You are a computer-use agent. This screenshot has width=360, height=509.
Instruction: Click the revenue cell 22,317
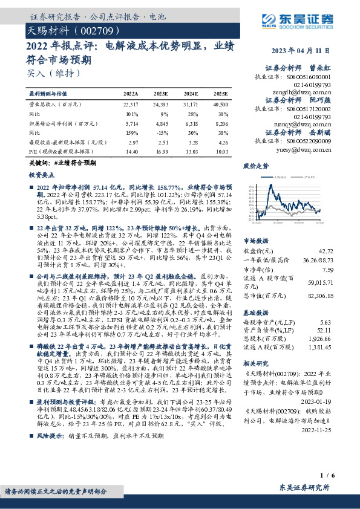pos(131,105)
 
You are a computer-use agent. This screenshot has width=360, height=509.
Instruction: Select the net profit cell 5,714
pos(131,123)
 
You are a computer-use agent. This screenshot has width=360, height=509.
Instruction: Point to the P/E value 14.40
pos(131,149)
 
